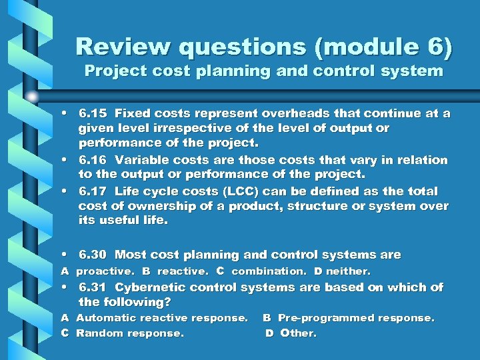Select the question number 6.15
click(93, 113)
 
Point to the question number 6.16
click(93, 160)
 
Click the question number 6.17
click(93, 191)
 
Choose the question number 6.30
click(93, 255)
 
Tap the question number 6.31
click(93, 287)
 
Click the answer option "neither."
click(348, 271)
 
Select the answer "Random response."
click(130, 333)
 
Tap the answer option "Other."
click(298, 333)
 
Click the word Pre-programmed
click(323, 318)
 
